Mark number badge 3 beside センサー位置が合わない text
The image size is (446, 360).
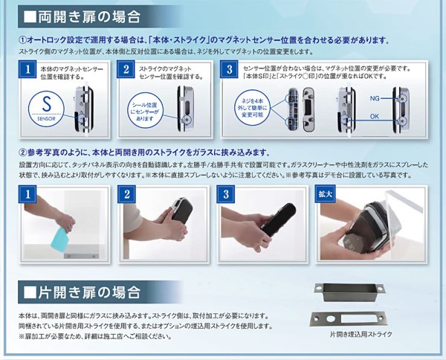230,72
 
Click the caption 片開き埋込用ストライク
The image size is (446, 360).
358,334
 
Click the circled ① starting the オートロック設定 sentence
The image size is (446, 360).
22,40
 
